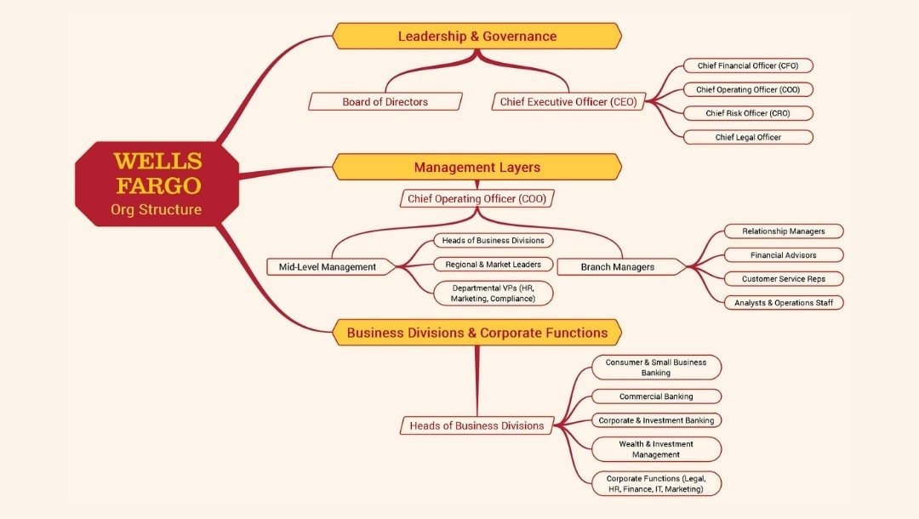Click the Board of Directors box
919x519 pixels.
385,102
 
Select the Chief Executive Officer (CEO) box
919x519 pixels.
568,102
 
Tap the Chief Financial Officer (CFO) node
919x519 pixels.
748,66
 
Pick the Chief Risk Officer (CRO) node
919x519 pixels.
748,113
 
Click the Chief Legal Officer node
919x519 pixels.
748,137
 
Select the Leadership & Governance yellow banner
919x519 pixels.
477,37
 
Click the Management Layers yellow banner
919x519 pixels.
477,168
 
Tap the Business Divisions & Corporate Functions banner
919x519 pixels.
477,333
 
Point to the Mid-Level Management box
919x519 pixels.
327,267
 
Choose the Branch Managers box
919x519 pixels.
618,267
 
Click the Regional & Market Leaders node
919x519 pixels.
493,265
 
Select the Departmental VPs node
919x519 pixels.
493,294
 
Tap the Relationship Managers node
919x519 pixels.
783,231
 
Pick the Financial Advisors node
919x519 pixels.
783,255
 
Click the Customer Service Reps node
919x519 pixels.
783,279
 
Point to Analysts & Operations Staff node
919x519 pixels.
783,303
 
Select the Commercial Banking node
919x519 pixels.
656,396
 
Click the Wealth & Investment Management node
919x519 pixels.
656,449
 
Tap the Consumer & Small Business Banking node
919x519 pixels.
656,368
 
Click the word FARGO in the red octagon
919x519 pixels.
158,185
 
